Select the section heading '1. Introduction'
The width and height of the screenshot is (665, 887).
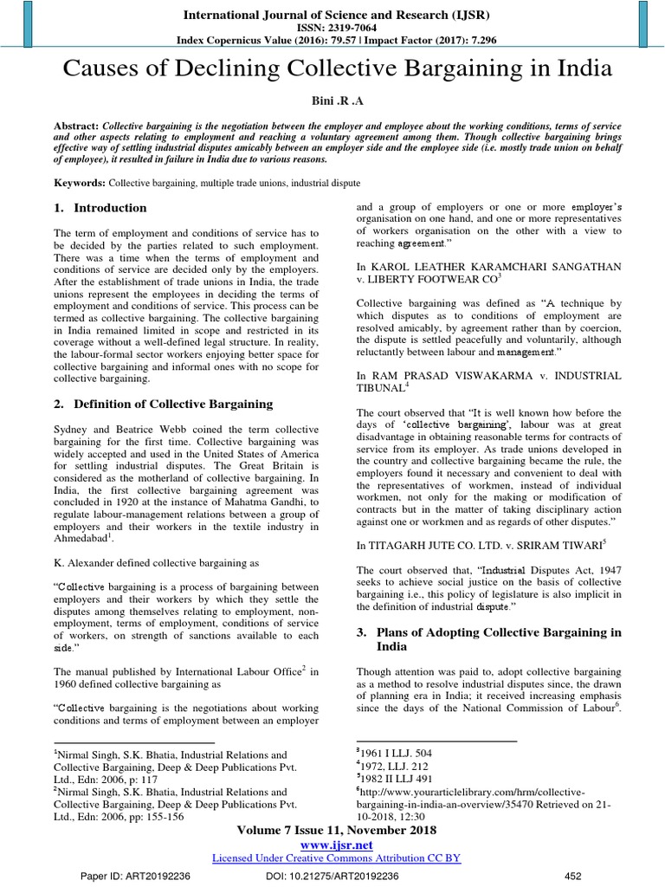(100, 208)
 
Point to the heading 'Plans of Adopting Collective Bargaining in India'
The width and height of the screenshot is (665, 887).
(489, 639)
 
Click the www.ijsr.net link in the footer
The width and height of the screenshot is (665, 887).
(336, 844)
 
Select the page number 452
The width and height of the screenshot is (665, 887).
(572, 875)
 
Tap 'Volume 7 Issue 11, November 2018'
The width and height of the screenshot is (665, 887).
(336, 830)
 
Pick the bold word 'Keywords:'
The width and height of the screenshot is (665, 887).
(80, 184)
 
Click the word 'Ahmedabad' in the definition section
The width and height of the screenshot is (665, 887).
(82, 539)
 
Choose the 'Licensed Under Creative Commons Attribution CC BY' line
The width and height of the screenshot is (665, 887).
(336, 858)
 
